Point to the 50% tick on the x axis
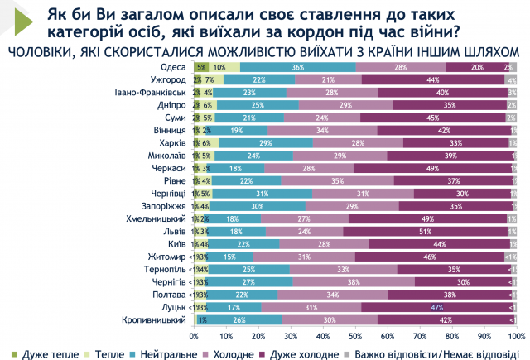pyautogui.click(x=355, y=337)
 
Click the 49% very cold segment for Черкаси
pyautogui.click(x=431, y=168)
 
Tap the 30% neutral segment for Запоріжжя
pyautogui.click(x=257, y=206)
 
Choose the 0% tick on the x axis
pyautogui.click(x=194, y=337)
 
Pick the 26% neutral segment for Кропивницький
pyautogui.click(x=239, y=319)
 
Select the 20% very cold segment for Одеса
pyautogui.click(x=476, y=67)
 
